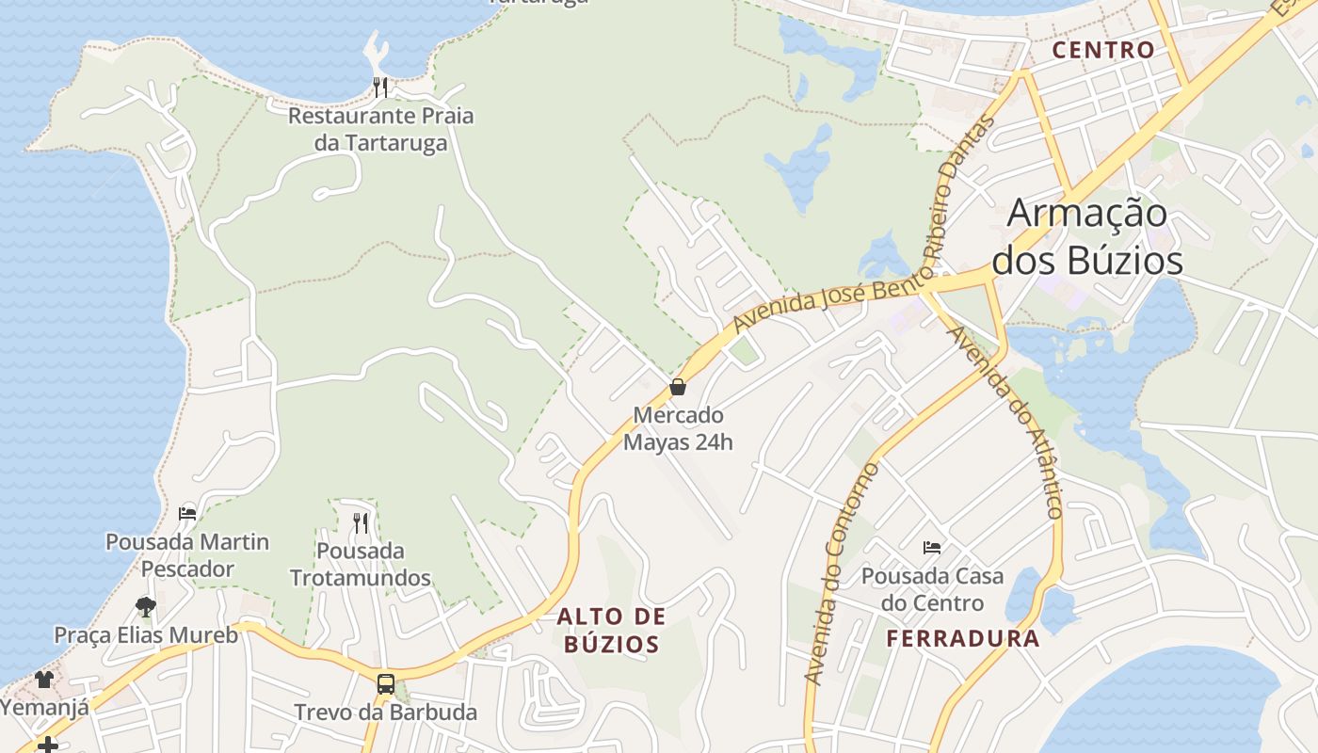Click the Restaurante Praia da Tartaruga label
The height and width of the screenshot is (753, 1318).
380,130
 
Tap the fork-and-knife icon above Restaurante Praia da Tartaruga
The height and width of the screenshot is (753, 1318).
380,88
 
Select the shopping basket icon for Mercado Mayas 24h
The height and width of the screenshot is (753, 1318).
677,387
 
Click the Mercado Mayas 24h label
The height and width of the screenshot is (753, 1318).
678,428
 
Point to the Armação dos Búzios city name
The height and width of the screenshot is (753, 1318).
1087,236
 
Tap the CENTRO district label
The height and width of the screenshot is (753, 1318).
1103,50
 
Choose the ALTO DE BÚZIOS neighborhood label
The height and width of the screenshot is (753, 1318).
611,631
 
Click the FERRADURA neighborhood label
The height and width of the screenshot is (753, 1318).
963,639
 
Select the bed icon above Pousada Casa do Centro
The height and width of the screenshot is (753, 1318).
932,547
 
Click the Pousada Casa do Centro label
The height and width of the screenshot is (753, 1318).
932,589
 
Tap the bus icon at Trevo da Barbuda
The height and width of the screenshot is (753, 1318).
386,684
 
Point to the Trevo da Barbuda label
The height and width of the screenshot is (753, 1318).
386,712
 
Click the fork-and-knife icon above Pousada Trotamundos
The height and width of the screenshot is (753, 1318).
361,522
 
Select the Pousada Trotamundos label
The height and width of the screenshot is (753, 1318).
361,564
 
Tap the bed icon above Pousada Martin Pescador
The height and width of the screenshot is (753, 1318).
187,514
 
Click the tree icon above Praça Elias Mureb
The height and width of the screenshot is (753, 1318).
145,606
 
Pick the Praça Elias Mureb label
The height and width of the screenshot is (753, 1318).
146,634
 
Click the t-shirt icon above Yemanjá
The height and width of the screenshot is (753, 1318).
44,679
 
